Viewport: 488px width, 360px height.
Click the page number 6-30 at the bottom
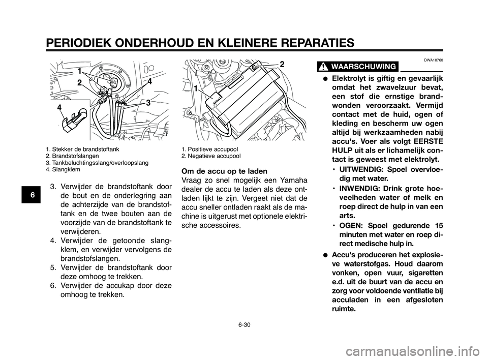tap(243, 324)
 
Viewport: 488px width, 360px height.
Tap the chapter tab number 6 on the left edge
tap(31, 194)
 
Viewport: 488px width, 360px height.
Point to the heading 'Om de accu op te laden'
tap(224, 171)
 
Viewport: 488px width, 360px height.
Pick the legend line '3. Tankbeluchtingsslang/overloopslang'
tap(97, 163)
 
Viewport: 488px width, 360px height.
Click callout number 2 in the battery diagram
tap(281, 65)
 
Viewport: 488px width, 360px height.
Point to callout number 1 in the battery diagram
tap(195, 88)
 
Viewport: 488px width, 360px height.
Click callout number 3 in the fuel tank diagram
tap(148, 102)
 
